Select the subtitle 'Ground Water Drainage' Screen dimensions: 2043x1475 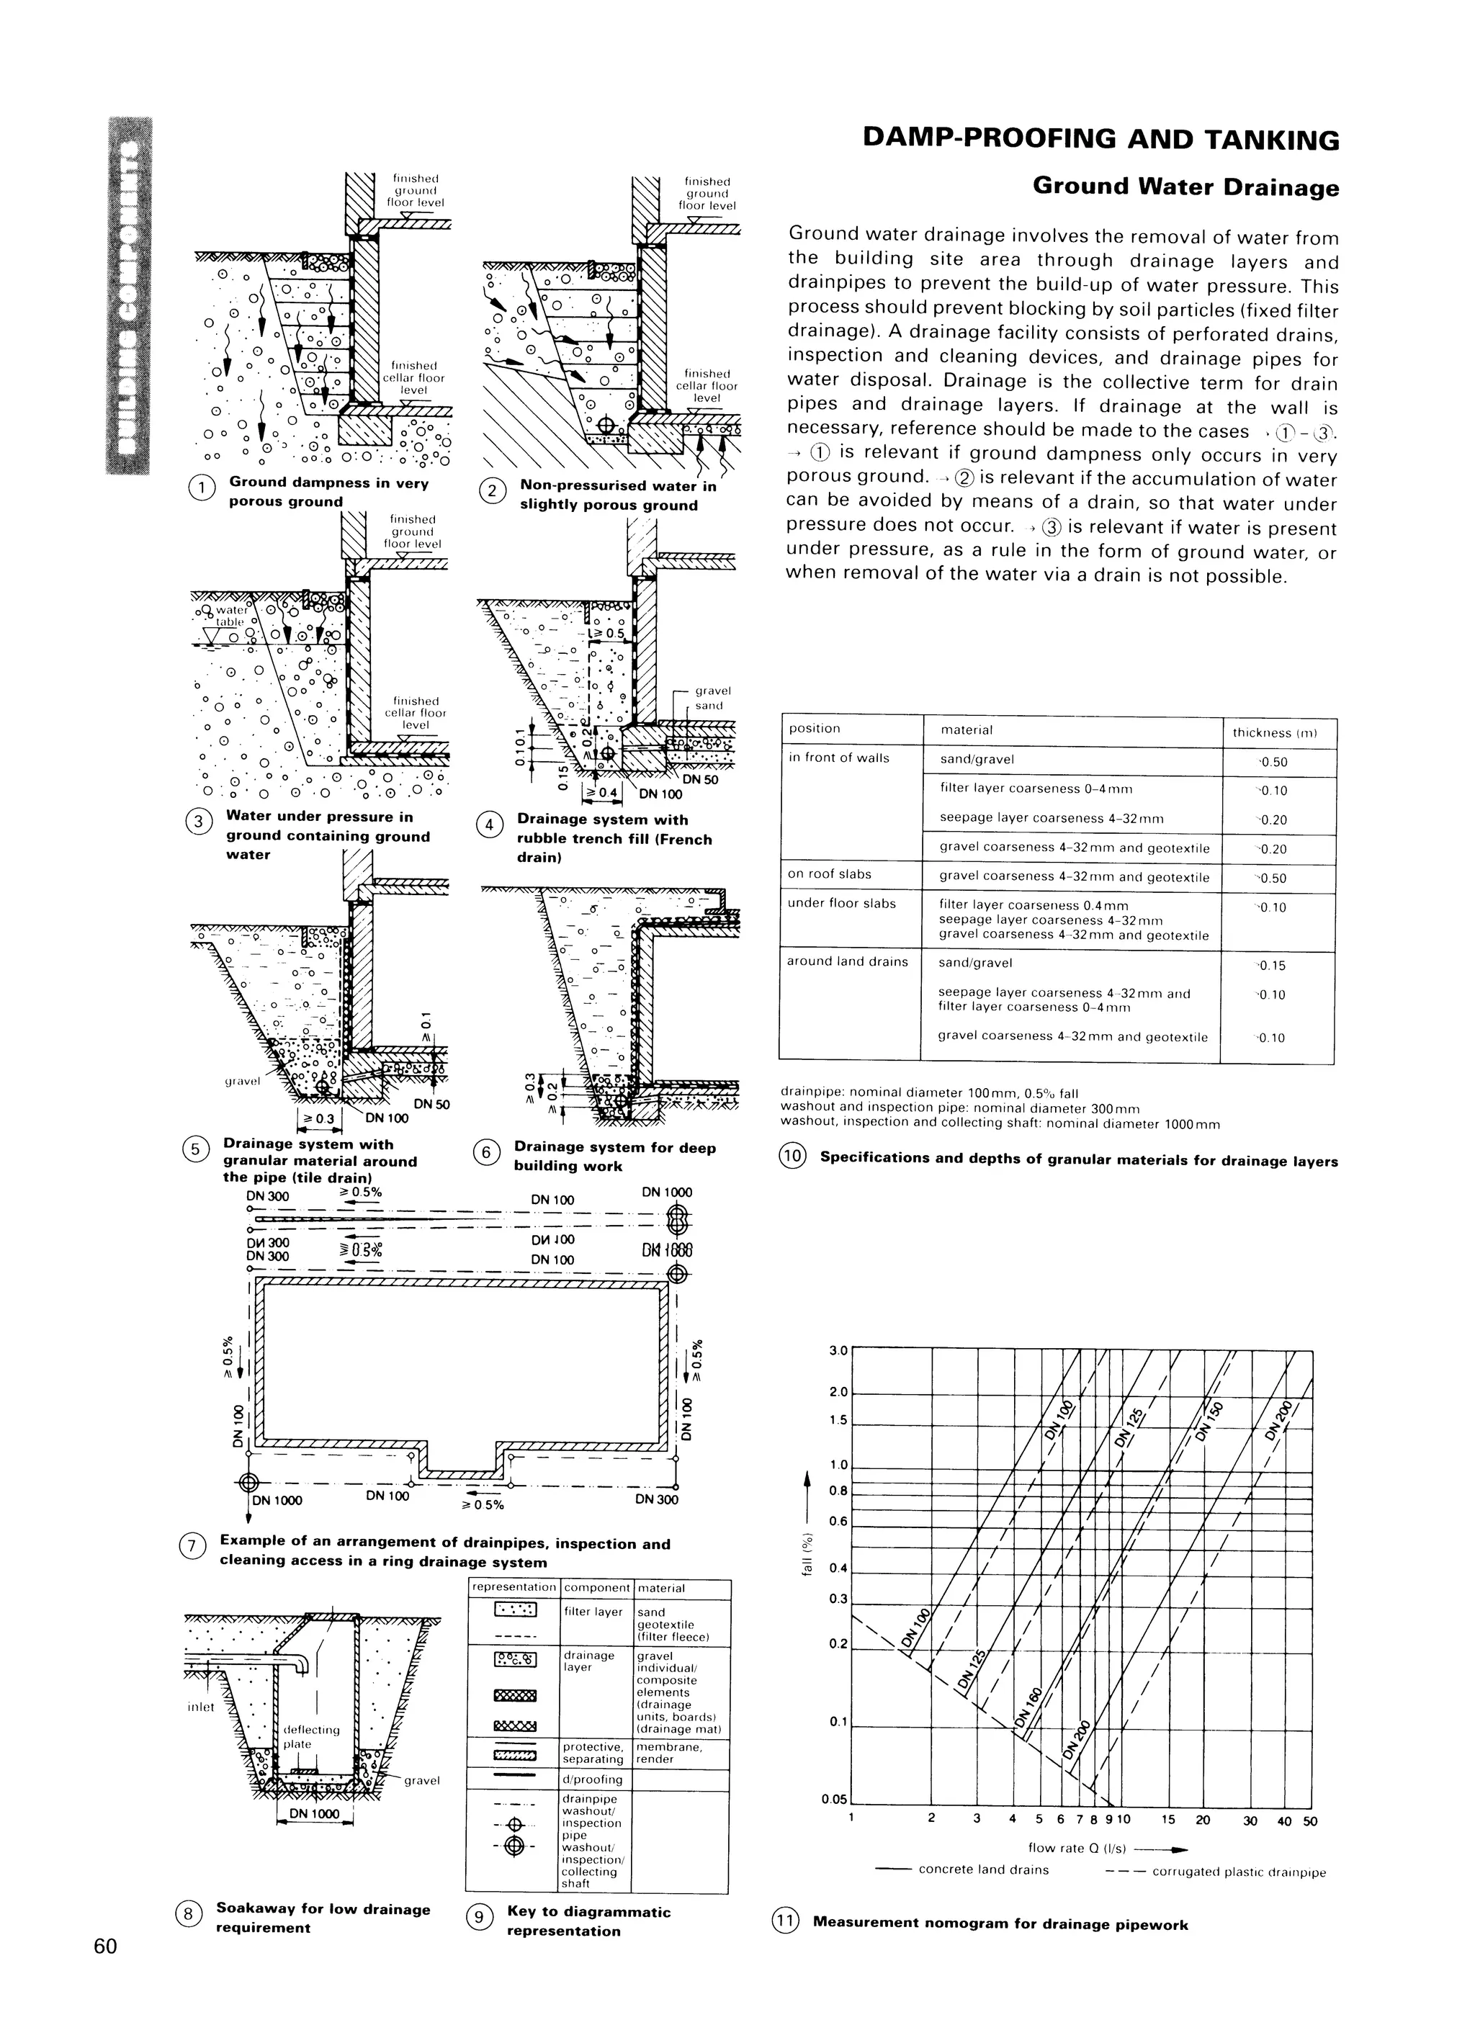(1185, 187)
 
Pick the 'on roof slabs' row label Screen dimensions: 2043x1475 (830, 873)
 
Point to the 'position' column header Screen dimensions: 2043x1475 (814, 729)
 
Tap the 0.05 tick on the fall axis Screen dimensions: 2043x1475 (834, 1800)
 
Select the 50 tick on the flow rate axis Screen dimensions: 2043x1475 (1310, 1821)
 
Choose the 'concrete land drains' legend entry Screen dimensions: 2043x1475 (983, 1870)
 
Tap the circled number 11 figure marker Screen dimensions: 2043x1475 (786, 1921)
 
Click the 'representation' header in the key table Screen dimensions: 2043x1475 (514, 1588)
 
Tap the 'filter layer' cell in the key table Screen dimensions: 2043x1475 (593, 1612)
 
